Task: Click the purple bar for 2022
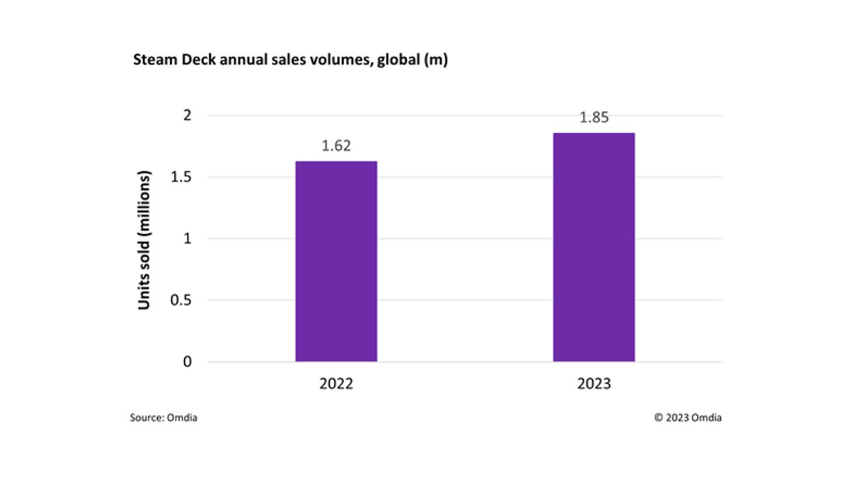click(336, 261)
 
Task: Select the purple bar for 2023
click(594, 247)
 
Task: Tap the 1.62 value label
click(336, 146)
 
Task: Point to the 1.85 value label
click(594, 118)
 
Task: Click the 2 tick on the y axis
click(188, 115)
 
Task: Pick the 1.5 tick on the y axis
click(181, 177)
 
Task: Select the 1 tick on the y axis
click(188, 239)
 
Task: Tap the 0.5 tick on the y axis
click(181, 300)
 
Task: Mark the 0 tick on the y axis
click(188, 362)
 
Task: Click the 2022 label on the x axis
click(336, 384)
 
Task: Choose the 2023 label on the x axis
click(594, 384)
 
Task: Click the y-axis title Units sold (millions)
click(145, 240)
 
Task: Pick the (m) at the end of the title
click(435, 61)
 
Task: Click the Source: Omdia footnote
click(163, 418)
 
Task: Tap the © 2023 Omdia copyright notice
click(687, 418)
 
